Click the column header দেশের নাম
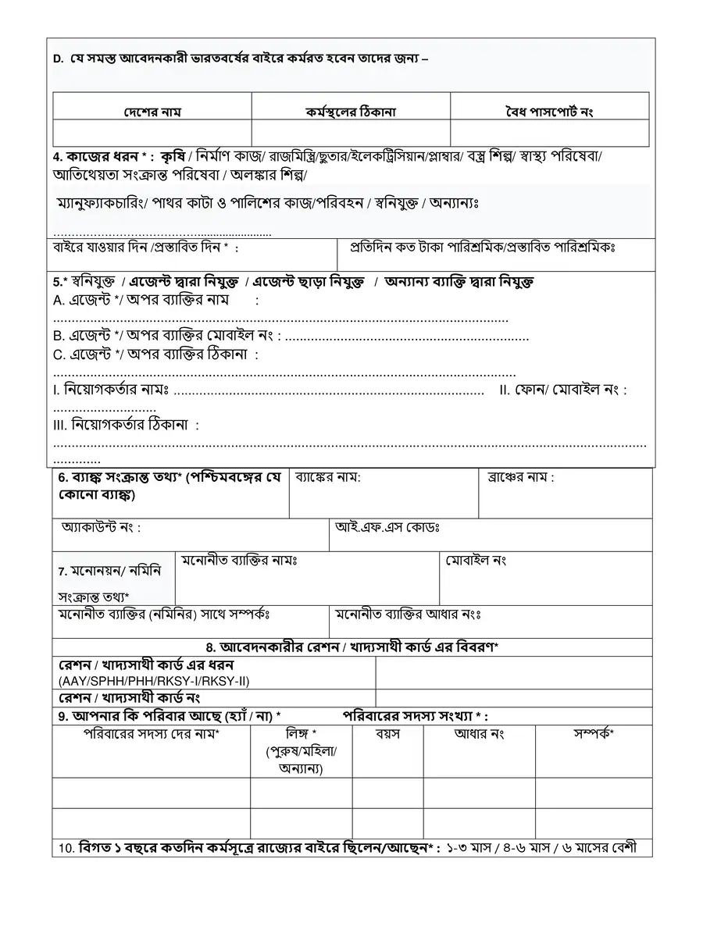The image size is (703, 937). (152, 112)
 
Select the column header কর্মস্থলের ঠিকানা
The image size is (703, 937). (351, 112)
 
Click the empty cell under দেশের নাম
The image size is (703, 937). (152, 134)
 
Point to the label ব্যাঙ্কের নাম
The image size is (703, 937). (327, 477)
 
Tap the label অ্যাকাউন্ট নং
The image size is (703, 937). (101, 527)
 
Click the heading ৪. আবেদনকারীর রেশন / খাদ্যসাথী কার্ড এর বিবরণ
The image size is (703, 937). (352, 648)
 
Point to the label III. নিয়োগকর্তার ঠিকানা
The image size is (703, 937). (126, 425)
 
